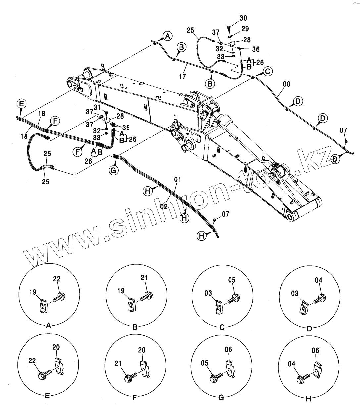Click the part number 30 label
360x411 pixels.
click(243, 18)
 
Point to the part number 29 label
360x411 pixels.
click(245, 29)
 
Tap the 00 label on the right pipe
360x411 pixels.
click(286, 84)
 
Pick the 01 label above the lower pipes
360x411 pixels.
click(178, 180)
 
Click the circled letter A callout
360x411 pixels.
click(167, 36)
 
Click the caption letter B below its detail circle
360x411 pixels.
click(135, 327)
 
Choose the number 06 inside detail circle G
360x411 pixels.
click(228, 350)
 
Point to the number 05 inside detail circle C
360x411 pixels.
click(232, 280)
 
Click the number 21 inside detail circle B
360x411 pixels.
click(144, 278)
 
